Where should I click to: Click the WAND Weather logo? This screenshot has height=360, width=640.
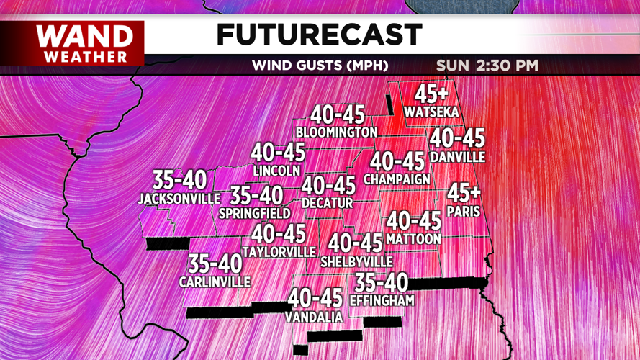click(x=84, y=42)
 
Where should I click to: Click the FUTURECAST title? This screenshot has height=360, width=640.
click(x=319, y=34)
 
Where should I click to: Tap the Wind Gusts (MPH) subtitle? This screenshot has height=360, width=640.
click(x=320, y=66)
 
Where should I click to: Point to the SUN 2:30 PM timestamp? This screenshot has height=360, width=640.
click(x=487, y=66)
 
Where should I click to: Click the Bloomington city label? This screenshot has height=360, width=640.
click(x=336, y=132)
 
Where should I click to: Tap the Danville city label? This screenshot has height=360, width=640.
click(x=457, y=156)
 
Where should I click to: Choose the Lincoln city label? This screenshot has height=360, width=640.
click(x=276, y=171)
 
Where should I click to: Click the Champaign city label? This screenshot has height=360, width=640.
click(x=397, y=179)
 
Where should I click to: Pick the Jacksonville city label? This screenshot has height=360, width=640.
click(x=179, y=198)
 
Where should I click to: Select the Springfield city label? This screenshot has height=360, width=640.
click(x=255, y=213)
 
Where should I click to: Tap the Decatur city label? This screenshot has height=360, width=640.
click(x=328, y=204)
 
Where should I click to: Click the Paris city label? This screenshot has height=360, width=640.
click(x=463, y=212)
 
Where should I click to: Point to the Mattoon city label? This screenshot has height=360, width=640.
click(x=413, y=238)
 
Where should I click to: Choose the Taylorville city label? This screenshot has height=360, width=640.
click(x=279, y=252)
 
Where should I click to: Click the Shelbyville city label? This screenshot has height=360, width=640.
click(x=356, y=261)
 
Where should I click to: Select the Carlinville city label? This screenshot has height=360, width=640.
click(x=215, y=282)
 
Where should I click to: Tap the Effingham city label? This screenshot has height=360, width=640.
click(x=382, y=300)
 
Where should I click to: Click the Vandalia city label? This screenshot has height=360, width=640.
click(x=314, y=316)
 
